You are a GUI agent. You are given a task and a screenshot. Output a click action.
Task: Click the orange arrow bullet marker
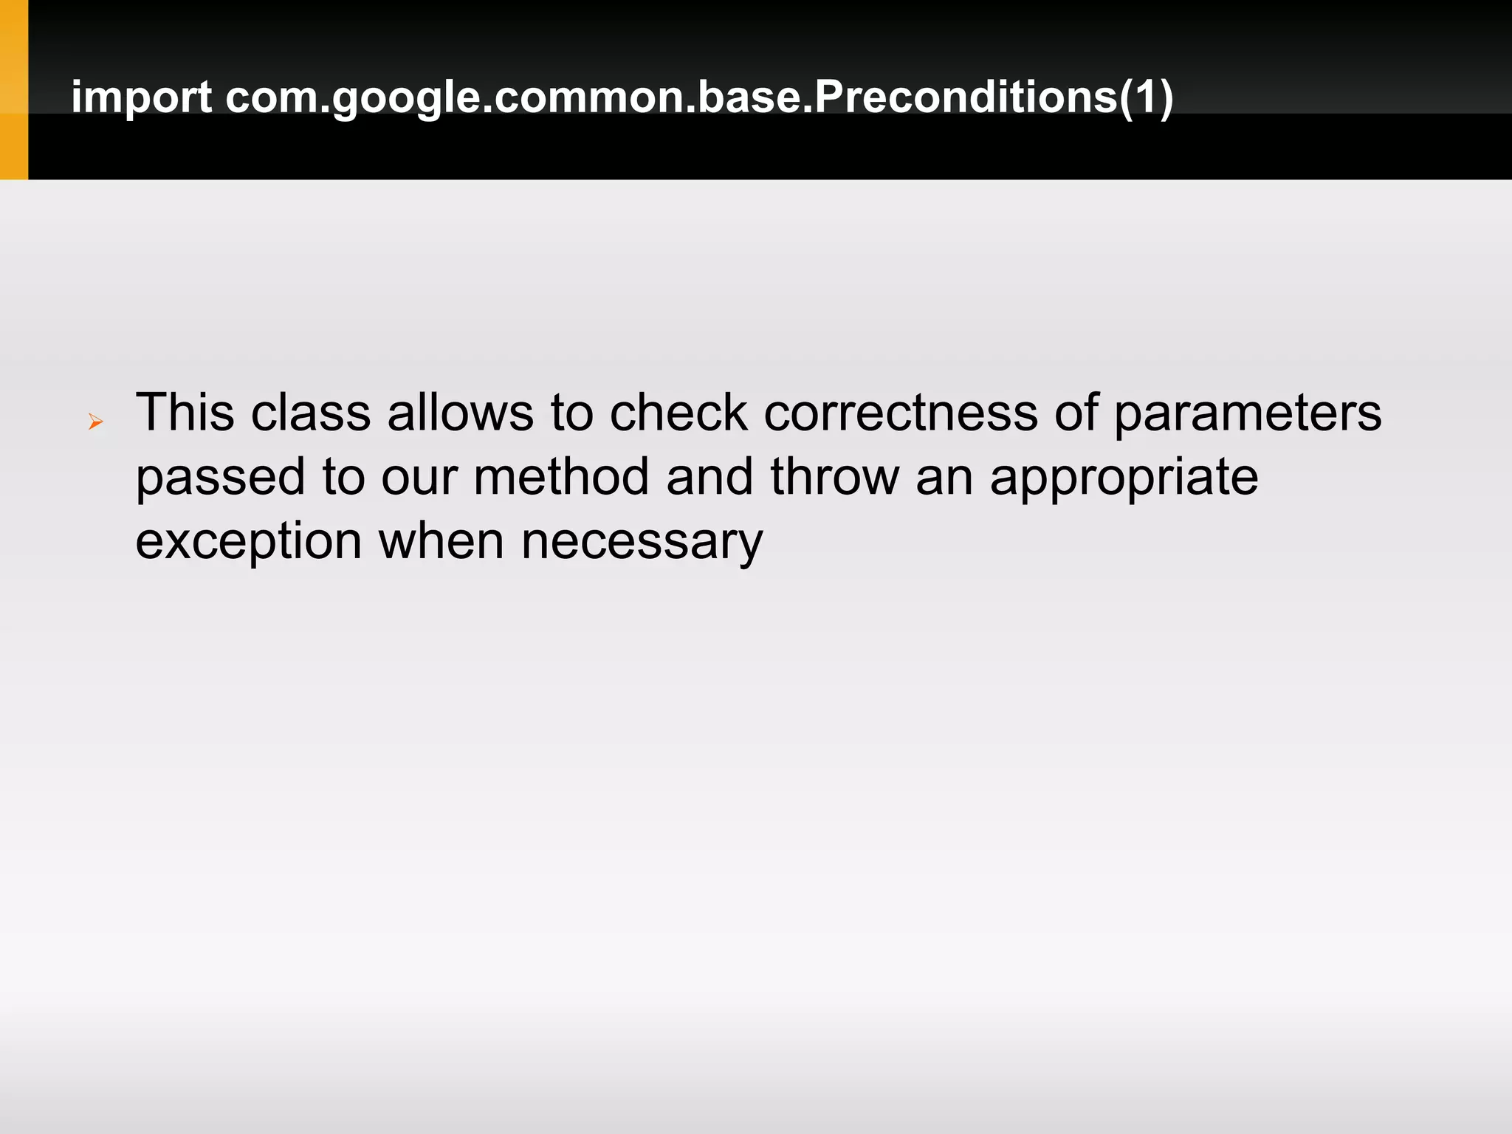pos(95,422)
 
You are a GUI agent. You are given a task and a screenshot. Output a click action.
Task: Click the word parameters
pos(1247,413)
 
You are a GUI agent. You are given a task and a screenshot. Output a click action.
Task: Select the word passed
pos(220,478)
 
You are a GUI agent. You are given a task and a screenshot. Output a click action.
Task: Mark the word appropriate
pos(1124,478)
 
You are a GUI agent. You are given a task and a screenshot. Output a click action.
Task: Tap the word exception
pos(248,542)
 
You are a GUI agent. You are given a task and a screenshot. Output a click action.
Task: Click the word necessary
pos(642,542)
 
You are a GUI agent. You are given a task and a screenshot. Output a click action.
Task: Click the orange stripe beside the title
pos(14,89)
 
